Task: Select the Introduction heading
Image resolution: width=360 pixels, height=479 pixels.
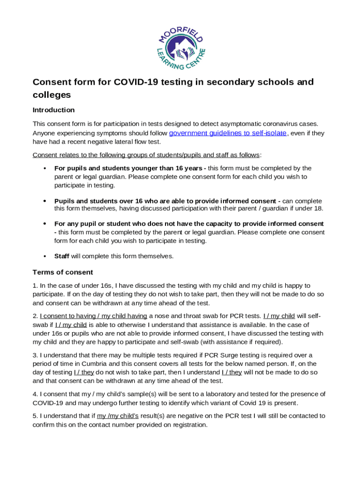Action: tap(53, 110)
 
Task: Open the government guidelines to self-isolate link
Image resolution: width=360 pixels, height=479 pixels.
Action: tap(227, 133)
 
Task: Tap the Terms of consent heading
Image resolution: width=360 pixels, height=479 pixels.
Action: tap(63, 272)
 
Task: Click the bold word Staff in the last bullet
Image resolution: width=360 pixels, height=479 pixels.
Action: tap(62, 256)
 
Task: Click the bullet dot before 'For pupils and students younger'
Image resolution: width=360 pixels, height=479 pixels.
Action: tap(44, 168)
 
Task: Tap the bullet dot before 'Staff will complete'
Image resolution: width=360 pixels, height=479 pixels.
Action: tap(44, 256)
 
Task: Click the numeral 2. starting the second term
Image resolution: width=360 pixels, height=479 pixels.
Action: tap(36, 316)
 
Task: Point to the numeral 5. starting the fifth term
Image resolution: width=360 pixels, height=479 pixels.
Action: tap(36, 416)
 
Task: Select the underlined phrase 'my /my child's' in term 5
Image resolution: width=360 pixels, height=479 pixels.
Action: tap(117, 416)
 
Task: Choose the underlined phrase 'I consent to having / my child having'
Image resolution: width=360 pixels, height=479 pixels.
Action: tap(94, 316)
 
